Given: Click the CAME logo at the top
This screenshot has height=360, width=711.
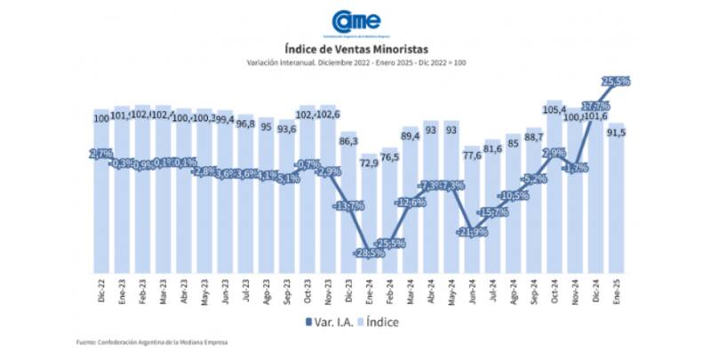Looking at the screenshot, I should click(x=355, y=22).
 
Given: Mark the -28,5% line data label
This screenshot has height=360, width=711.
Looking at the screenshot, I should click(x=369, y=253).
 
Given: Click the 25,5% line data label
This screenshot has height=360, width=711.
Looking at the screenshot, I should click(x=616, y=81).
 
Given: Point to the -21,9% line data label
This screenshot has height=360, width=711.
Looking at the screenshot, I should click(x=472, y=232).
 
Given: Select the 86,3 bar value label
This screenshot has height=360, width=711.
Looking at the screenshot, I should click(x=348, y=141).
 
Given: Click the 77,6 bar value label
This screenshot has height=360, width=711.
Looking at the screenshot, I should click(x=472, y=156).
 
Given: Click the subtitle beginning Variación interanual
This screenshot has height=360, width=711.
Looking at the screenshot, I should click(x=355, y=63).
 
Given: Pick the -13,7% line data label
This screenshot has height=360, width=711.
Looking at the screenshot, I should click(x=348, y=206).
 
